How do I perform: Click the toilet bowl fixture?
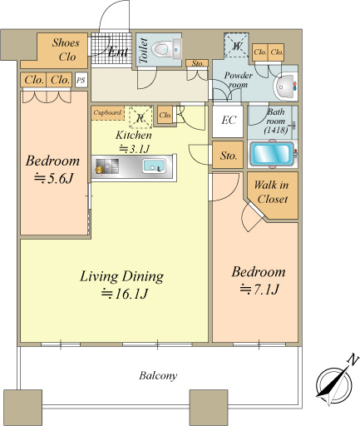(166, 49)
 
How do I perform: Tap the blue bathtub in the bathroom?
(273, 154)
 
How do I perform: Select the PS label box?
(81, 80)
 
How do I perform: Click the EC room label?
(229, 120)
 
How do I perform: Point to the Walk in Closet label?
(272, 192)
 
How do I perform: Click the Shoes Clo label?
(67, 50)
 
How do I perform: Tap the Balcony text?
(158, 375)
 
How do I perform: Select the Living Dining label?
(121, 276)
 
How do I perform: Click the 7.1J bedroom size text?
(259, 290)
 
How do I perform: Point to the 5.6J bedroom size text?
(53, 178)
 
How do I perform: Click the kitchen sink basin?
(154, 166)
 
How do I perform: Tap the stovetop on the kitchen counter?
(107, 166)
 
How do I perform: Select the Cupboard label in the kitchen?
(107, 112)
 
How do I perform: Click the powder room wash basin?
(284, 87)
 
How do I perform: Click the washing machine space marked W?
(236, 45)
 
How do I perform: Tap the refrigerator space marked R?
(141, 117)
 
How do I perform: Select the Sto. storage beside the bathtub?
(228, 155)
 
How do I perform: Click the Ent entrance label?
(118, 52)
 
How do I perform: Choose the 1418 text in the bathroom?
(276, 130)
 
